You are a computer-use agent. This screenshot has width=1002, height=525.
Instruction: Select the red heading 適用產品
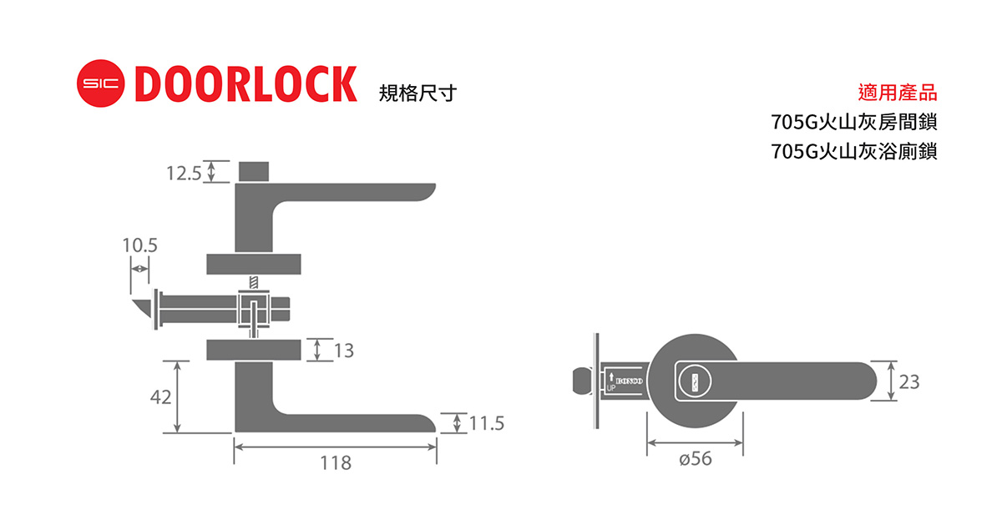898,93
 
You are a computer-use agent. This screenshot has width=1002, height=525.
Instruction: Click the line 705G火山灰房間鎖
854,123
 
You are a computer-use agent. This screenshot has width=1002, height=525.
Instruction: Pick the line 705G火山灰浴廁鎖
854,152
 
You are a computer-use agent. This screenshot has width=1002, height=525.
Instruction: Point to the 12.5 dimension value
184,173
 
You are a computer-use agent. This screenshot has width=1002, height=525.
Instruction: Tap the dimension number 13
343,351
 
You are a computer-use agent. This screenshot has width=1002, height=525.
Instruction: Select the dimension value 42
160,397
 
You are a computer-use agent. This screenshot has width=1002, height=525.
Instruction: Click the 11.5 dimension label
487,423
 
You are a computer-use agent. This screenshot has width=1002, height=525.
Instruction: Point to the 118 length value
335,462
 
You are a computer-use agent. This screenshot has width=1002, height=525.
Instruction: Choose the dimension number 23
909,381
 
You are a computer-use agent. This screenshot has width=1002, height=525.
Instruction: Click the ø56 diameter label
695,458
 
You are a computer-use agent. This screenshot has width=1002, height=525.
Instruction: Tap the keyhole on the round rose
691,381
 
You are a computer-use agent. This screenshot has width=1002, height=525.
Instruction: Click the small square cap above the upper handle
255,170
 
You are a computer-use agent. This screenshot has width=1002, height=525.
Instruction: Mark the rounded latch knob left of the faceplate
577,381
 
